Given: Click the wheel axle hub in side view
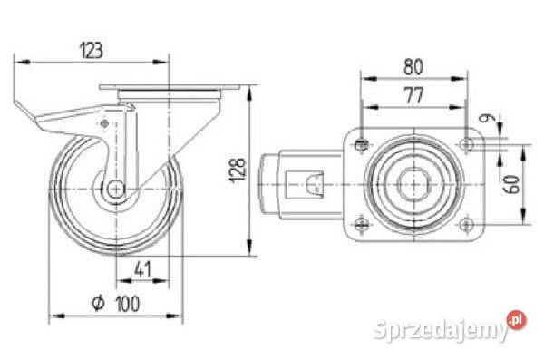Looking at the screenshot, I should click(x=116, y=189).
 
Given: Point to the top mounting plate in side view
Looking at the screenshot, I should click(x=168, y=89).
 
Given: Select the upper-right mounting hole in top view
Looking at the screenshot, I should click(x=467, y=143).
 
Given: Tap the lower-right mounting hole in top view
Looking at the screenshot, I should click(x=467, y=224).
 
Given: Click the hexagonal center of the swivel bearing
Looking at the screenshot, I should click(x=415, y=184).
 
